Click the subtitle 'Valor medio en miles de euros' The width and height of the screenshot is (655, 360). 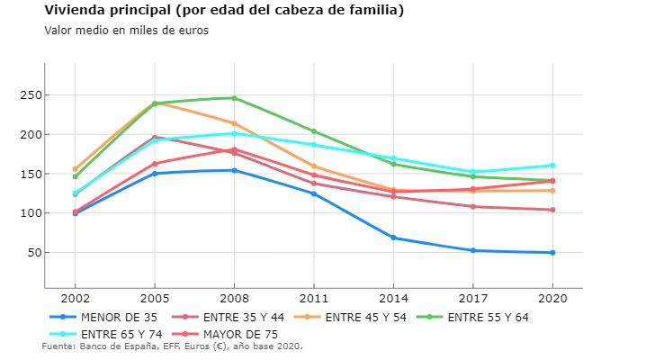126,30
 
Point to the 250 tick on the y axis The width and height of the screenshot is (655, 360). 32,95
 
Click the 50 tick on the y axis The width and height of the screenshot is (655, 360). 35,253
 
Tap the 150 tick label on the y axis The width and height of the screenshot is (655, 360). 32,175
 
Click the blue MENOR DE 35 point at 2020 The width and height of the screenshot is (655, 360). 552,253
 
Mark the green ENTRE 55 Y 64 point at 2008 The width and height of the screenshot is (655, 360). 234,98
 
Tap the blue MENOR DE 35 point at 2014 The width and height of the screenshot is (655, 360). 393,238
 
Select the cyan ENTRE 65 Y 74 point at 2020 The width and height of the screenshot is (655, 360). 552,166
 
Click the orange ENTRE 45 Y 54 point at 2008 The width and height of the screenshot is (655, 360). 234,123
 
